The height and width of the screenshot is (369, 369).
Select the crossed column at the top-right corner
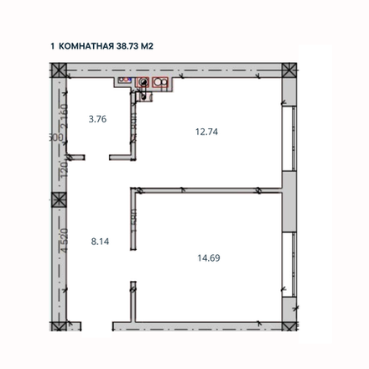pyautogui.click(x=288, y=73)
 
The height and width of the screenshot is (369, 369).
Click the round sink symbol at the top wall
pyautogui.click(x=144, y=83)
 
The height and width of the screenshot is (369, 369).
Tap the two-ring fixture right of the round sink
pyautogui.click(x=159, y=83)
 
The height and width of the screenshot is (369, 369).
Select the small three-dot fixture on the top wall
pyautogui.click(x=123, y=81)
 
